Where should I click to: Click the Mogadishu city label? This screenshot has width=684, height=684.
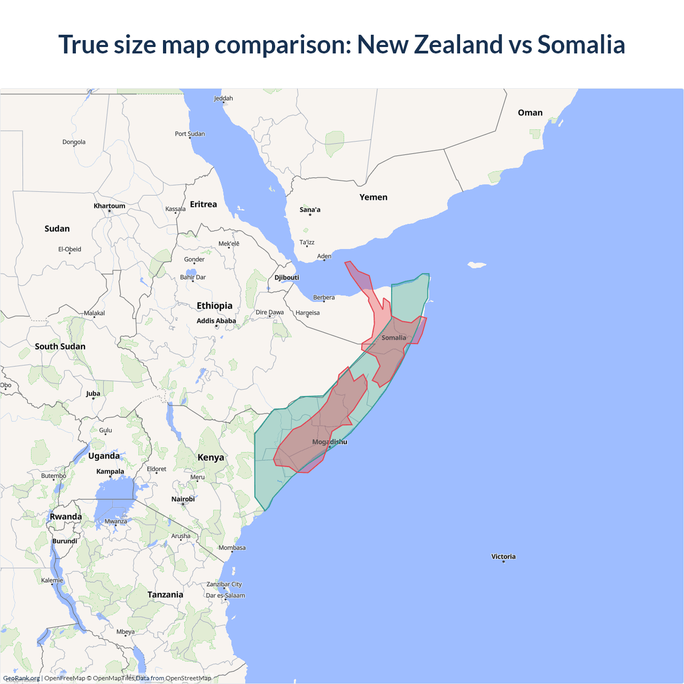click(330, 442)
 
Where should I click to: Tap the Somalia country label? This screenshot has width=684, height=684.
click(394, 338)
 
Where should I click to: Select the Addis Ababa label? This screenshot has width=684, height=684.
click(216, 321)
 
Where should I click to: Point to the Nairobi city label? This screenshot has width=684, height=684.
click(183, 499)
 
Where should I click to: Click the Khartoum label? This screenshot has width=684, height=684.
click(110, 206)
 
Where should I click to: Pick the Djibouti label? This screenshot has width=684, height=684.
click(287, 277)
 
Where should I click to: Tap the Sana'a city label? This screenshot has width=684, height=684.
click(310, 209)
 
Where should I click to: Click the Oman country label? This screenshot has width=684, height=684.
click(530, 113)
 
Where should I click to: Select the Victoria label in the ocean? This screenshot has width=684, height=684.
click(503, 556)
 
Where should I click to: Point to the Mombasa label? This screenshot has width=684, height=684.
click(232, 548)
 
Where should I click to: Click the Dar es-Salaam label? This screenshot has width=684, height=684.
click(226, 595)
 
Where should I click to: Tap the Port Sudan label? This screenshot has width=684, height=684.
click(190, 134)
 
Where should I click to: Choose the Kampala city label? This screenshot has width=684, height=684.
click(110, 471)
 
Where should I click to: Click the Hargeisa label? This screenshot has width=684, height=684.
click(308, 313)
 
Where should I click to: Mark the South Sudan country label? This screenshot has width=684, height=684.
click(60, 346)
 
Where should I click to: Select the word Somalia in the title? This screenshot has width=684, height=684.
click(581, 44)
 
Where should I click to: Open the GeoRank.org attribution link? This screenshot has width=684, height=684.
click(21, 678)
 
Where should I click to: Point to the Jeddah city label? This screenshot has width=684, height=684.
click(223, 98)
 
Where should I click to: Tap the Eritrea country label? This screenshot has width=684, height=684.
click(204, 204)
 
